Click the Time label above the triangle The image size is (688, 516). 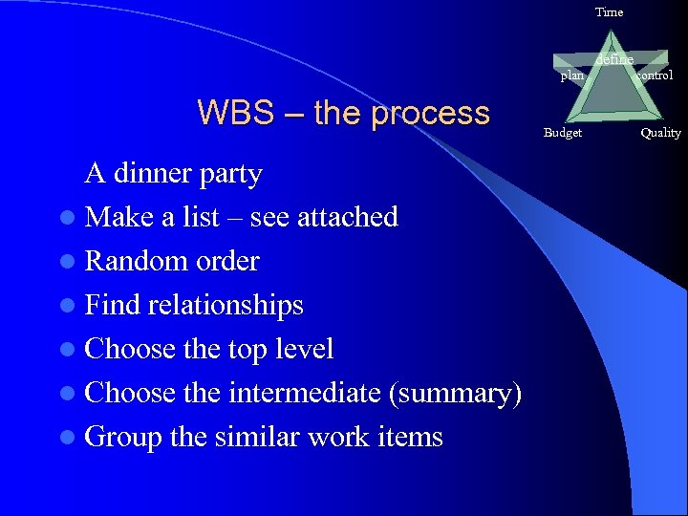[609, 12]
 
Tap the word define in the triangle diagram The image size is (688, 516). [613, 60]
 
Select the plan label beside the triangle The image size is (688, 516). [571, 75]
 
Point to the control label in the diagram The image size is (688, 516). [655, 75]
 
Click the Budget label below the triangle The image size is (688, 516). [563, 133]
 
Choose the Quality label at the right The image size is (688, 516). [661, 133]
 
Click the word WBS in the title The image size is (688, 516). [230, 113]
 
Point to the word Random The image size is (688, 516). [127, 261]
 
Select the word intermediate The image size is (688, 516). [306, 393]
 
